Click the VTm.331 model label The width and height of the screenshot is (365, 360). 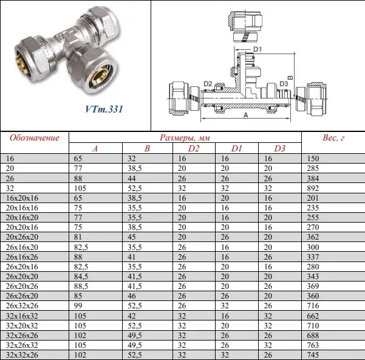[x=104, y=109]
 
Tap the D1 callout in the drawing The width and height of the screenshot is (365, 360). [x=258, y=49]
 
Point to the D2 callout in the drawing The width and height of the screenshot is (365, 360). [x=208, y=84]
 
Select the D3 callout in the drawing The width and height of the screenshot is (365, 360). [x=284, y=84]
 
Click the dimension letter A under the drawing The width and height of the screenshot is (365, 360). [x=246, y=115]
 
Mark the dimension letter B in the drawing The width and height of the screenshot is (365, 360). [x=290, y=78]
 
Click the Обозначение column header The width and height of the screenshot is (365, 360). [x=35, y=137]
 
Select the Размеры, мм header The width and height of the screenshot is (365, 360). [x=185, y=137]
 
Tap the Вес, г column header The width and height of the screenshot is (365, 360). [x=333, y=137]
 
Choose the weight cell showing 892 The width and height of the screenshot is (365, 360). [x=313, y=188]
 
